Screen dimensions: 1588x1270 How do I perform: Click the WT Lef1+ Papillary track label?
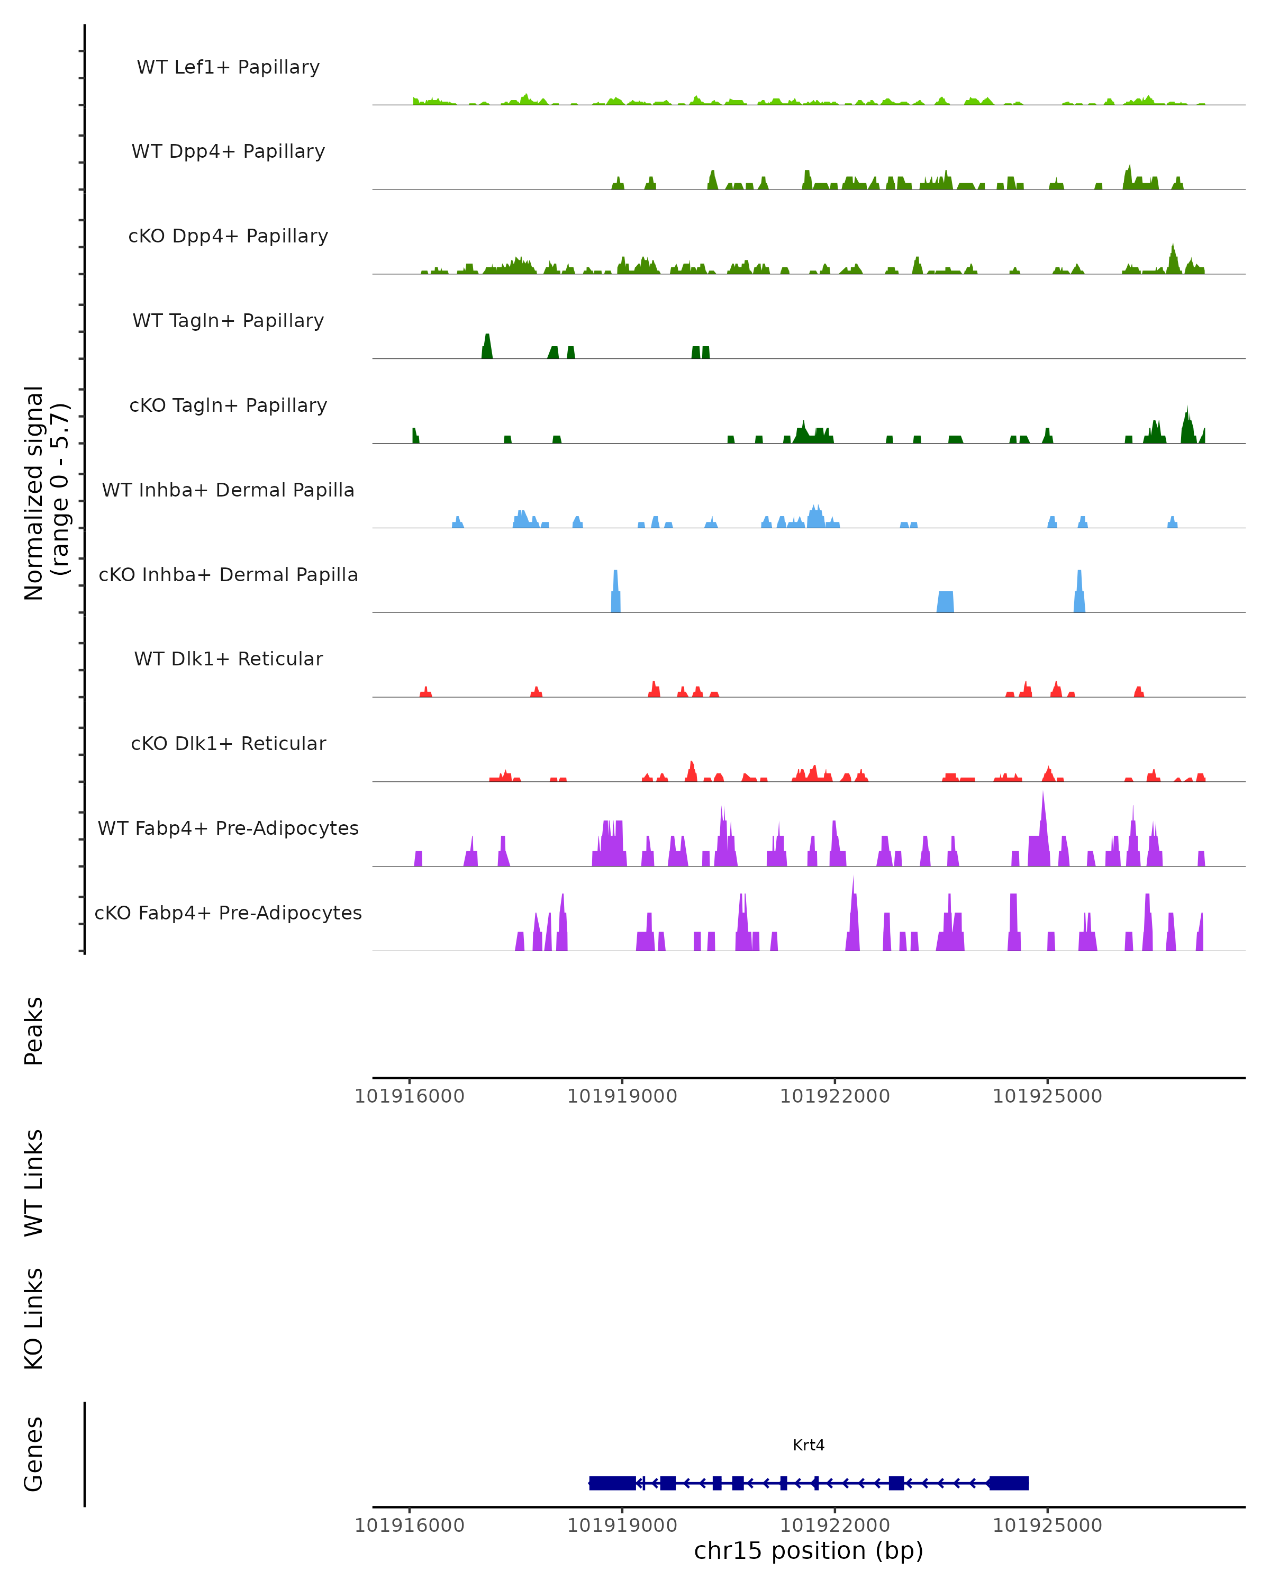click(x=228, y=67)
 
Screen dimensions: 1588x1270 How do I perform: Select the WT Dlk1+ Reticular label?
click(x=228, y=658)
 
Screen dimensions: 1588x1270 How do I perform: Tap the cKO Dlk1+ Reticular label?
click(x=228, y=743)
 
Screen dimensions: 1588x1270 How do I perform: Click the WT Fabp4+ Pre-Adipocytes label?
click(x=228, y=828)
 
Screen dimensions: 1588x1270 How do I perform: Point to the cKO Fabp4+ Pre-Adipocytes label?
click(x=228, y=913)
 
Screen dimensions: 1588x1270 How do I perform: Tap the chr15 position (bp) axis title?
click(x=809, y=1550)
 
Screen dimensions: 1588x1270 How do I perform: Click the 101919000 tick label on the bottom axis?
click(x=622, y=1524)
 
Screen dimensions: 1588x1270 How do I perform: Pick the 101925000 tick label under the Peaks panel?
click(x=1047, y=1096)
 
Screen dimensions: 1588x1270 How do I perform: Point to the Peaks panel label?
click(x=34, y=1031)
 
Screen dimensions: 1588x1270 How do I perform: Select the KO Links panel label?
click(x=34, y=1319)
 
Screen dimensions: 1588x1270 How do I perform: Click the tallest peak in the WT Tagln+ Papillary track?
click(x=487, y=345)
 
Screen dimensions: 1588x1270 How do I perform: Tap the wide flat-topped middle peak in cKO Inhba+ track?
click(x=945, y=601)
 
